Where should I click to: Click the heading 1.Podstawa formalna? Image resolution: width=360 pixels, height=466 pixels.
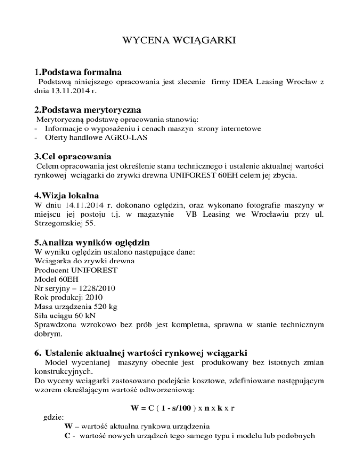coord(78,73)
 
